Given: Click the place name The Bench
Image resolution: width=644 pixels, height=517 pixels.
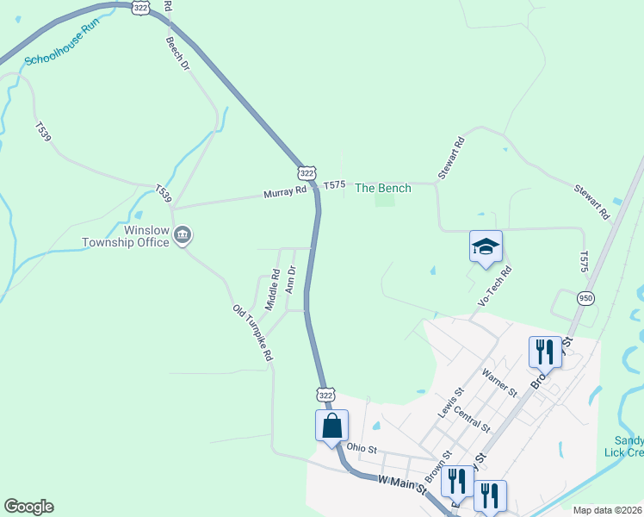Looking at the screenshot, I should point(383,188).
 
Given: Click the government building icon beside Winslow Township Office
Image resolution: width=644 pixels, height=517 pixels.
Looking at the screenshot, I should point(183,234).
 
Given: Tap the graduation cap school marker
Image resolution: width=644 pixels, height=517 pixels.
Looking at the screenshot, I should point(486,246).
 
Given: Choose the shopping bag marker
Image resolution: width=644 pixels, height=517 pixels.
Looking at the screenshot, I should point(331,426).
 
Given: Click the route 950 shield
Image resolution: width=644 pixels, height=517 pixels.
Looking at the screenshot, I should point(585,298).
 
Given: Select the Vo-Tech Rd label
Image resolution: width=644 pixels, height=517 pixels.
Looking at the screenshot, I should point(494,287).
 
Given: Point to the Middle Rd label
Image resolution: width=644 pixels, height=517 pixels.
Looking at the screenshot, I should point(272,290).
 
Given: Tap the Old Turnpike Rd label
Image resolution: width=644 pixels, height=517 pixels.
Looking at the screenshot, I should point(253,332).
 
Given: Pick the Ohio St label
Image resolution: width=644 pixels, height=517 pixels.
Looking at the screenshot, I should point(362,448).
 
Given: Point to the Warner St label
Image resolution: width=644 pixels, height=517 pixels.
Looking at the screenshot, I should point(499,383).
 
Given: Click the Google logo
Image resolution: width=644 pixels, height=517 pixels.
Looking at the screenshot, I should point(28,507).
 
